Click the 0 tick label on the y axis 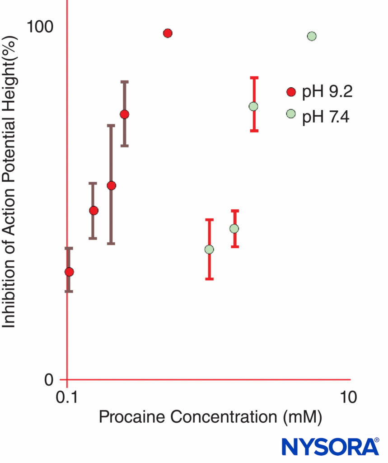point(49,380)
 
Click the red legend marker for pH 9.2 point(291,92)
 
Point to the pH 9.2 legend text point(327,92)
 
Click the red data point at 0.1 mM point(69,272)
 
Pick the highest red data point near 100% point(168,33)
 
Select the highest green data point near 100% point(311,36)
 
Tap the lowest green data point point(209,250)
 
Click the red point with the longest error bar point(112,185)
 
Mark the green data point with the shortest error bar point(234,228)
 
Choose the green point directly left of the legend point(253,106)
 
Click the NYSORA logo point(330,446)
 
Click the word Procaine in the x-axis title point(129,417)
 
